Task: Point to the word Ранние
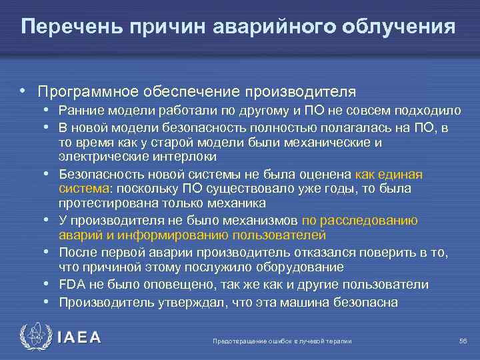(x=79, y=110)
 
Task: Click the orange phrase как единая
(x=389, y=174)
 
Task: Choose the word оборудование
(x=285, y=267)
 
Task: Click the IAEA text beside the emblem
(x=79, y=338)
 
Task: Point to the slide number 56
(x=463, y=341)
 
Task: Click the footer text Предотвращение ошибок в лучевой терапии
(x=281, y=341)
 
